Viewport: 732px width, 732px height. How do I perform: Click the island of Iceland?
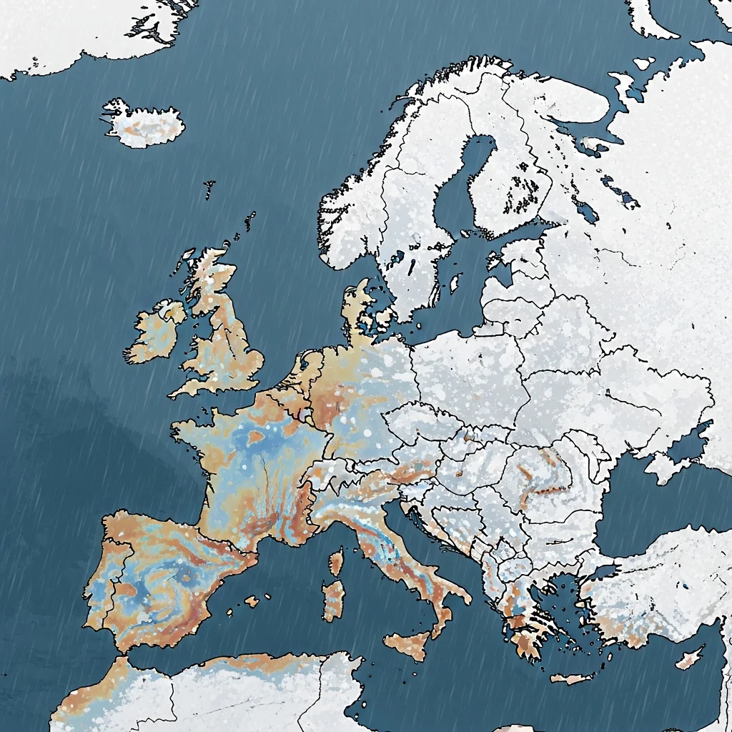click(x=143, y=124)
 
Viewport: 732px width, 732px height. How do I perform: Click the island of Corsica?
click(x=336, y=561)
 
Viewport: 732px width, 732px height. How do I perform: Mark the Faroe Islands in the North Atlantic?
click(x=209, y=189)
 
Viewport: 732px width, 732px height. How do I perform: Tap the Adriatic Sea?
click(x=436, y=543)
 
